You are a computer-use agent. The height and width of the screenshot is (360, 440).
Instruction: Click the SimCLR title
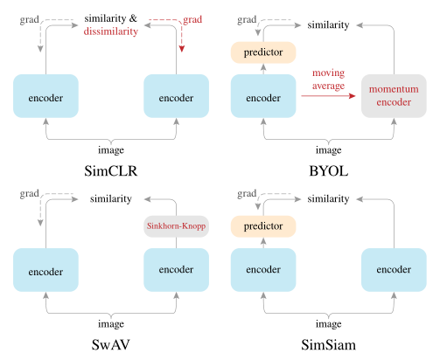point(109,171)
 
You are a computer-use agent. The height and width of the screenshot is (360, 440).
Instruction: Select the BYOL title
point(328,171)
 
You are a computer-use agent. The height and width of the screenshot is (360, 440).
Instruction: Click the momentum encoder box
point(394,97)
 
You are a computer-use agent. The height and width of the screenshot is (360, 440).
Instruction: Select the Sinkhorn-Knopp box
point(175,226)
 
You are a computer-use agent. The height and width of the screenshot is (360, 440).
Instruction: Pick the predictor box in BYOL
point(263,52)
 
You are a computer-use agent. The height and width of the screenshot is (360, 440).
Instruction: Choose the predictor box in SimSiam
point(263,226)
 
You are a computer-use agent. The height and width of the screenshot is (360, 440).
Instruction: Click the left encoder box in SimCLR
point(45,97)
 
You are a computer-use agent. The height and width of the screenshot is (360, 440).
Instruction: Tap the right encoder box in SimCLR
point(175,97)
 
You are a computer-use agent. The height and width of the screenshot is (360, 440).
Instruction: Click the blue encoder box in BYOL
point(263,97)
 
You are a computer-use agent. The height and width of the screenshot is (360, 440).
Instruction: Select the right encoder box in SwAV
point(175,271)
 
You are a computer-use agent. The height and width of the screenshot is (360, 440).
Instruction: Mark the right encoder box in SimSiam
point(394,271)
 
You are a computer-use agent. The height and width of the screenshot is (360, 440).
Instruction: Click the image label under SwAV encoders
point(109,322)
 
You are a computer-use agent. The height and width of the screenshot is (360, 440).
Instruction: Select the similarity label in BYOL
point(328,24)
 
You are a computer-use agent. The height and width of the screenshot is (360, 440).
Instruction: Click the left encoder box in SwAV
point(45,271)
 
